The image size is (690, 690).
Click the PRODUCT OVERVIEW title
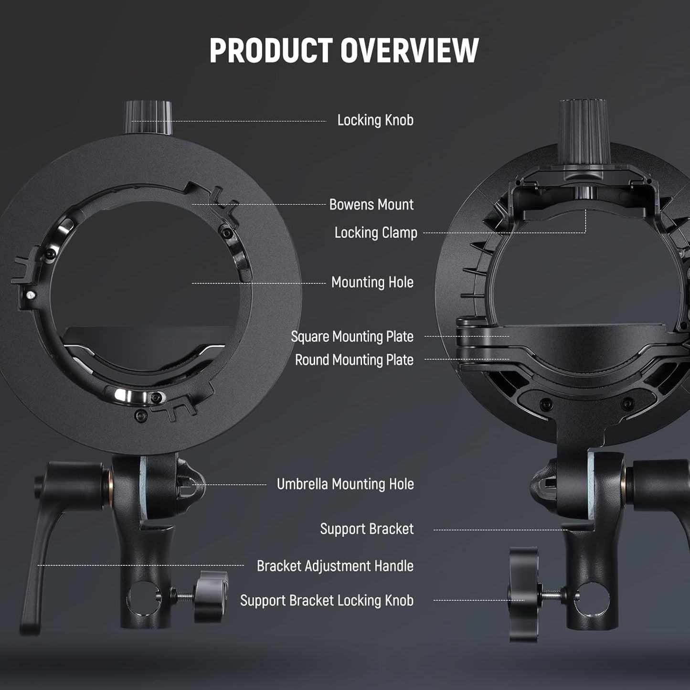344,50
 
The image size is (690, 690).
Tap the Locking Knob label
375,120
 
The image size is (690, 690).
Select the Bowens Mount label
372,205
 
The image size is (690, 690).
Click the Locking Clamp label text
376,233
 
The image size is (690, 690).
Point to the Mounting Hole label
372,283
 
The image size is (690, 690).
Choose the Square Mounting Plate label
352,337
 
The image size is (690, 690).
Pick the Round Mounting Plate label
354,360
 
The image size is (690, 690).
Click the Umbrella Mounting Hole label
345,484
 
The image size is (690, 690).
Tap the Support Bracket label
367,529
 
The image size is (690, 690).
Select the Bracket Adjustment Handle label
335,566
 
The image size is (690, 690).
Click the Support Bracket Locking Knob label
327,601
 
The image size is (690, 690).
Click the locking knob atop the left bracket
148,117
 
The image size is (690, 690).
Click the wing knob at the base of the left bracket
211,596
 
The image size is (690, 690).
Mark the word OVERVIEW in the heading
409,50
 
